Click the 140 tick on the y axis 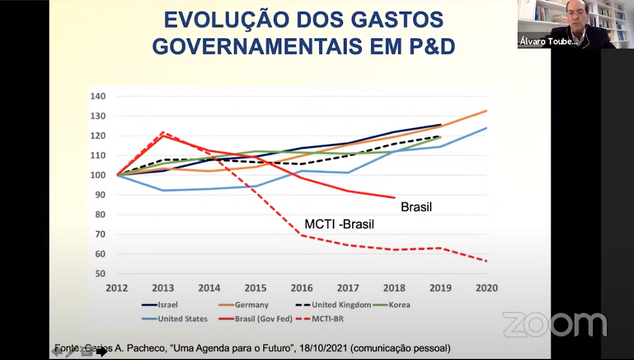point(98,97)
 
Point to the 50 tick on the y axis point(99,274)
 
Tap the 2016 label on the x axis point(301,288)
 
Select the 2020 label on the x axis point(486,288)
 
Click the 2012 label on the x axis point(116,288)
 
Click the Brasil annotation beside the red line point(416,207)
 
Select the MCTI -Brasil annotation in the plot point(339,225)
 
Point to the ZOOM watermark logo point(555,324)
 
